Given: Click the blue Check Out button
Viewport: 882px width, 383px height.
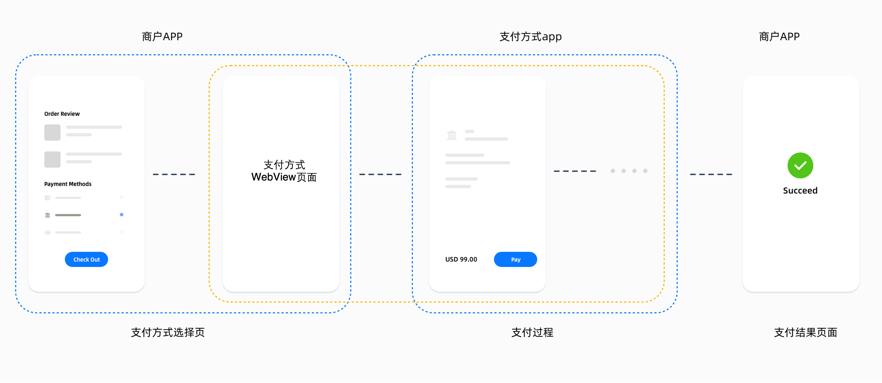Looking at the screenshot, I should click(86, 260).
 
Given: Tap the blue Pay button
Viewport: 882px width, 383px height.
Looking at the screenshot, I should click(515, 260).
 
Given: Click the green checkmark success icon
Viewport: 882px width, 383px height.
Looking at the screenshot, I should click(800, 165).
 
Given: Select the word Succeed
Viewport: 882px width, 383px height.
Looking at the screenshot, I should click(800, 190).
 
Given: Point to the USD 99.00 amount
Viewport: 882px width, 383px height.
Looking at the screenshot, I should click(461, 260).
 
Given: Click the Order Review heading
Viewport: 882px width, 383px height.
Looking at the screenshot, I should click(62, 114).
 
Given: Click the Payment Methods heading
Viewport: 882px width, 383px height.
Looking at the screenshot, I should click(68, 184).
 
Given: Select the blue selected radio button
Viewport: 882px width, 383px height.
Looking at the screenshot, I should click(122, 215).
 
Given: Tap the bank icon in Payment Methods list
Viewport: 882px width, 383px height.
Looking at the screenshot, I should click(48, 215).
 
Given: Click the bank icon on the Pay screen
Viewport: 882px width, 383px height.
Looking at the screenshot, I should click(451, 136).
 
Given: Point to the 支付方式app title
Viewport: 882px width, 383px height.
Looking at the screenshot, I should click(530, 37).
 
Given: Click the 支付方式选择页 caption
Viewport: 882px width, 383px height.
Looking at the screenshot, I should click(168, 332).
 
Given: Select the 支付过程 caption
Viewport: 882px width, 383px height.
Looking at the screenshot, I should click(532, 332).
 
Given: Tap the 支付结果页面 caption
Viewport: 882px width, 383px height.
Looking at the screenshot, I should click(805, 332).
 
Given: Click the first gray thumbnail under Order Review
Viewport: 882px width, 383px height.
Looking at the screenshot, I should click(52, 132).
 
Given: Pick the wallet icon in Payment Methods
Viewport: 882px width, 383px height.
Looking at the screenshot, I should click(48, 198).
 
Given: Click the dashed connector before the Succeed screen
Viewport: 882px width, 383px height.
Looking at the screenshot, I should click(711, 174).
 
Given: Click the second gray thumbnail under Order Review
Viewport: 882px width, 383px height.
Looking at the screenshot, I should click(52, 159).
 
